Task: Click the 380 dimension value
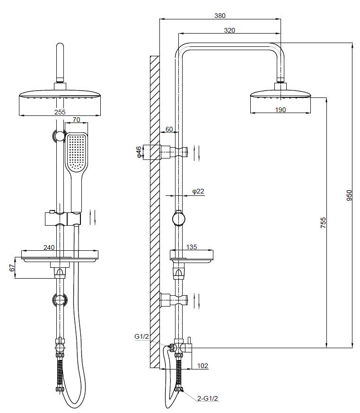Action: click(219, 15)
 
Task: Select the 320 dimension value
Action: click(229, 30)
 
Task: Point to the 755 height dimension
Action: click(323, 222)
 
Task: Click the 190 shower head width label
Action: click(280, 110)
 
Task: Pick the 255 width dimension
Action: click(60, 112)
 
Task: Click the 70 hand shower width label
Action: click(76, 120)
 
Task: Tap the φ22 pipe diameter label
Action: click(198, 191)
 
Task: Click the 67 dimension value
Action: click(13, 268)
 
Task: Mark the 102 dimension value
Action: click(202, 366)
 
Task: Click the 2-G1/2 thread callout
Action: click(208, 399)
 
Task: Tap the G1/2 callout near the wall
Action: click(141, 336)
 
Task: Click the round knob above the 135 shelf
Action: click(178, 219)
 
